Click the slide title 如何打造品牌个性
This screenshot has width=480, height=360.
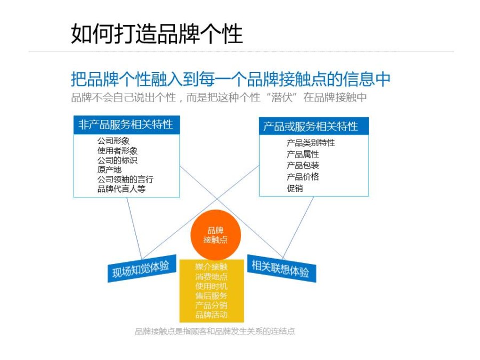point(157,34)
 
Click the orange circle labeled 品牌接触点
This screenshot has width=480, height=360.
point(216,235)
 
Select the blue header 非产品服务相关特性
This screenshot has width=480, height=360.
point(126,125)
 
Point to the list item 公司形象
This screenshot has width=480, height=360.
point(113,141)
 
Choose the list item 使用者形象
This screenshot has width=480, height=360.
point(117,150)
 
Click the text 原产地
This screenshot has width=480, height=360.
point(109,170)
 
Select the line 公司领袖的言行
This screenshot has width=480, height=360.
point(125,179)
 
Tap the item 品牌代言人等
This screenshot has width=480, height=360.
point(121,189)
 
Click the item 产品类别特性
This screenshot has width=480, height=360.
point(311,142)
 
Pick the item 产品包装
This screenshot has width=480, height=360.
point(303,165)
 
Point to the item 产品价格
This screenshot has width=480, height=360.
point(303,177)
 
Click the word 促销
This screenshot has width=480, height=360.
point(295,188)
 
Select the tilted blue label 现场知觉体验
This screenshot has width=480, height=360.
point(142,268)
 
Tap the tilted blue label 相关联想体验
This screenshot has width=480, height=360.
point(281,268)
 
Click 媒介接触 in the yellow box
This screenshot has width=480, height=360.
point(211,267)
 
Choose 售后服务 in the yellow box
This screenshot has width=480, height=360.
point(211,295)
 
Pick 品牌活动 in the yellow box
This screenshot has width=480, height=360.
point(211,315)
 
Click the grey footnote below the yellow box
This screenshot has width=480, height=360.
point(215,331)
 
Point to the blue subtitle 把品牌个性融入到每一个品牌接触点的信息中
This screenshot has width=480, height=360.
point(231,79)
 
